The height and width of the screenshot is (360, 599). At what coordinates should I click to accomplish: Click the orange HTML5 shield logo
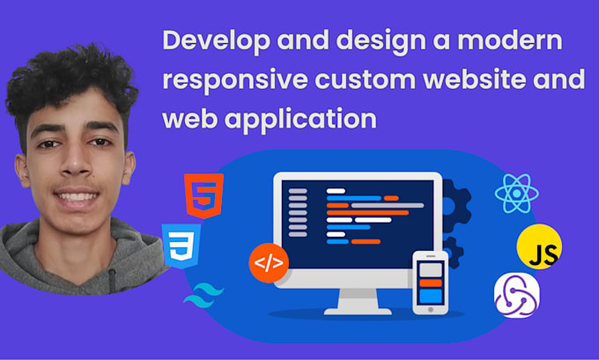[203, 195]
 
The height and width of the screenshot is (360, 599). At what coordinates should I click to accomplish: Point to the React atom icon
[516, 193]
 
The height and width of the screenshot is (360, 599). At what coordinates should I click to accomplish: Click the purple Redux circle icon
[516, 297]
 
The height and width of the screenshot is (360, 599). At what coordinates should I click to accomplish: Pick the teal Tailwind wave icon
[203, 295]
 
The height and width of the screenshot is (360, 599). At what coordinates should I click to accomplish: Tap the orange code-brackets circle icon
[269, 261]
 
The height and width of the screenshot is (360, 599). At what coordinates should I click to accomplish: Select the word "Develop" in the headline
[211, 41]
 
